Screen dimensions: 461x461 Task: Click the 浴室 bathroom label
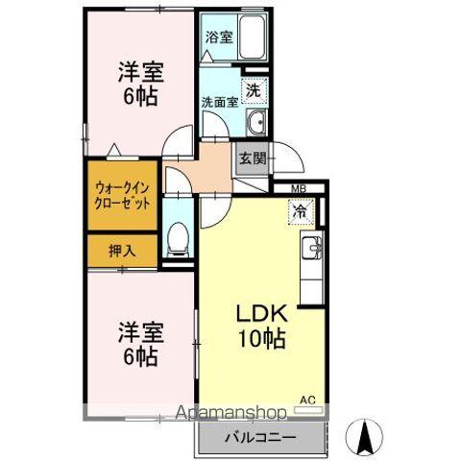(218, 37)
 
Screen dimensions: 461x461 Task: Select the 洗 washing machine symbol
(253, 89)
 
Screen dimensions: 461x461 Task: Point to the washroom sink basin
(255, 122)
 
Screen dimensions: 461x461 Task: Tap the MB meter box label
(298, 188)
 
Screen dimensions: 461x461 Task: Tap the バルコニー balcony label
(260, 437)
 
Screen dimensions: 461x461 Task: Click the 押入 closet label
(121, 252)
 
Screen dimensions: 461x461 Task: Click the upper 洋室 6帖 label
(138, 83)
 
